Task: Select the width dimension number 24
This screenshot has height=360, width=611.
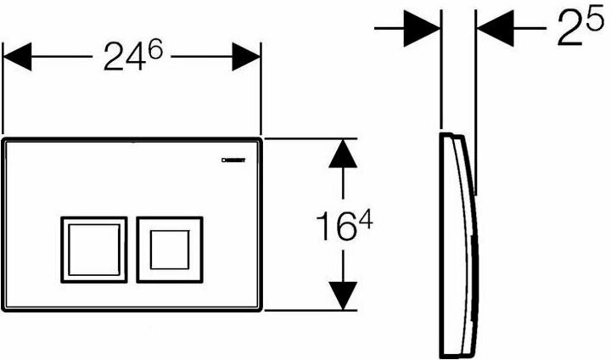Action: [x=125, y=59]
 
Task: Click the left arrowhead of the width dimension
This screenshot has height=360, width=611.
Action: [x=19, y=58]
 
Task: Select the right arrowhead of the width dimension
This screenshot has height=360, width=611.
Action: [x=245, y=58]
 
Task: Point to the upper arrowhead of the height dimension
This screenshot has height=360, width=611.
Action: [x=342, y=152]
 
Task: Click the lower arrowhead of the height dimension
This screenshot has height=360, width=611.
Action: [x=342, y=296]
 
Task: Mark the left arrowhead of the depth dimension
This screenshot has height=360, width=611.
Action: [x=422, y=27]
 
